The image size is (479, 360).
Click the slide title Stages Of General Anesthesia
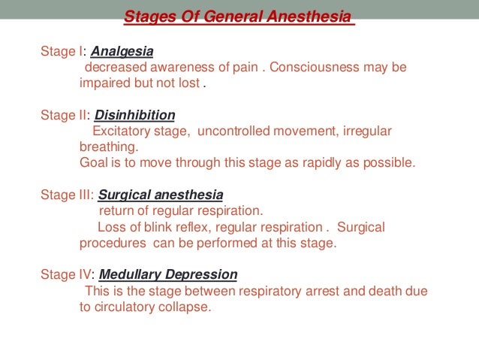point(239,17)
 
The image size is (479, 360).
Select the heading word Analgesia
point(122,52)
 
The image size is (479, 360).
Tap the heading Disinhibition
point(134,115)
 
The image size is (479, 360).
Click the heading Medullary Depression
point(168,274)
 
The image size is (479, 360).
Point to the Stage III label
point(66,195)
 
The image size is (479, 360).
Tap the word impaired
point(104,83)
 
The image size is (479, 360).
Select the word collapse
point(189,307)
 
